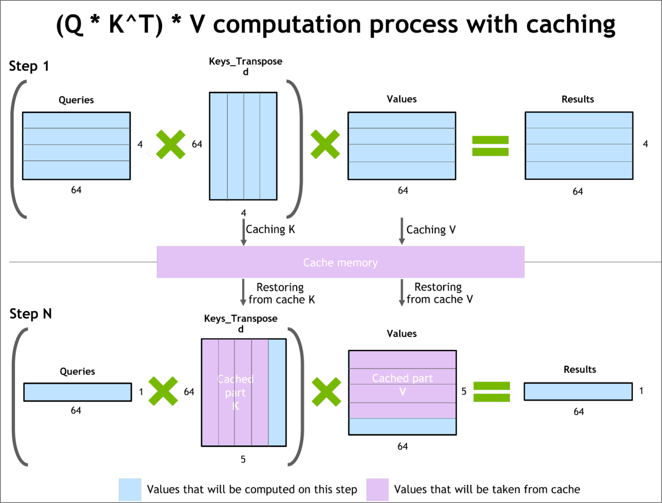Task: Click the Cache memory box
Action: tap(340, 262)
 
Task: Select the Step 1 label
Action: tap(29, 66)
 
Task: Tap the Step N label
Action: tap(31, 314)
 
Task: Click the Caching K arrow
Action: tap(244, 233)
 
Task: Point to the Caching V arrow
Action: tap(402, 231)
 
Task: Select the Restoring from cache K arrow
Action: tap(243, 293)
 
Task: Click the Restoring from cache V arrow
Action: tap(402, 293)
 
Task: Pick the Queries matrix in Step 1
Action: tap(76, 146)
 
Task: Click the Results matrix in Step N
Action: tap(578, 392)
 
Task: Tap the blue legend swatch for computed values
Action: tap(130, 489)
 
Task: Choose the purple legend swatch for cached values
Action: tap(377, 489)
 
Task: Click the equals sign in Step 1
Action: tap(490, 146)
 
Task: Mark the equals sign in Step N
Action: tap(492, 392)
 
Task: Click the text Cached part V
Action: tap(402, 384)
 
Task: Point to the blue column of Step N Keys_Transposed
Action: tap(277, 392)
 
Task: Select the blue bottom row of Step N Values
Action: tap(402, 426)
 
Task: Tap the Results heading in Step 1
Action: tap(578, 99)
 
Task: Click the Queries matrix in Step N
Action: tap(77, 392)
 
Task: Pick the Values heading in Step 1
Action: tap(402, 99)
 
